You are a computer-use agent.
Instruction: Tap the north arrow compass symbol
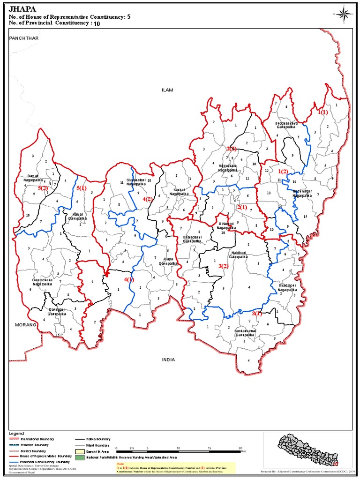click(x=343, y=14)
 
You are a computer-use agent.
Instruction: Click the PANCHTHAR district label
click(x=23, y=37)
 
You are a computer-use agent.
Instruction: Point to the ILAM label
click(x=167, y=90)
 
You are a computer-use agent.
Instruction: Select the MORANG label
click(x=25, y=324)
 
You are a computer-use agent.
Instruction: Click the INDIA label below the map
click(x=168, y=360)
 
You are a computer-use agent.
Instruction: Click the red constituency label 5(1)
click(x=82, y=188)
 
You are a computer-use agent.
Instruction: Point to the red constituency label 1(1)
click(x=322, y=112)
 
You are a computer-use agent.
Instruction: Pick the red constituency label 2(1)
click(x=242, y=207)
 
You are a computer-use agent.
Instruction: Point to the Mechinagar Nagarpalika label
click(x=302, y=193)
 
